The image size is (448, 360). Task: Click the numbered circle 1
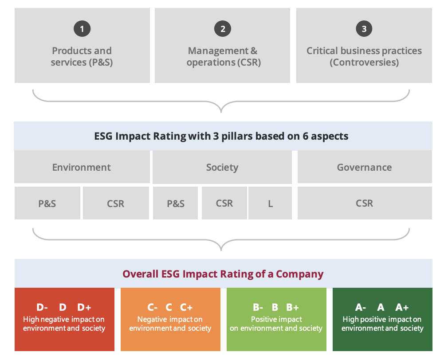pyautogui.click(x=82, y=29)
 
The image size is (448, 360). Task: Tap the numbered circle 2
pyautogui.click(x=223, y=29)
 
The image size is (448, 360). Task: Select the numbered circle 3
pyautogui.click(x=364, y=29)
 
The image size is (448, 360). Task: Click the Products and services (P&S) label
pyautogui.click(x=82, y=57)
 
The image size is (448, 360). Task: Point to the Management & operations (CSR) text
pyautogui.click(x=223, y=57)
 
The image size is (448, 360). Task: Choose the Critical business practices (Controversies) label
pyautogui.click(x=364, y=57)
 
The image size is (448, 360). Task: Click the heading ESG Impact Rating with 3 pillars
pyautogui.click(x=221, y=136)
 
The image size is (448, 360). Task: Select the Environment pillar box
pyautogui.click(x=82, y=167)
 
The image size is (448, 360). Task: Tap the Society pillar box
pyautogui.click(x=222, y=167)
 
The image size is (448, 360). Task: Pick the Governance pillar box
pyautogui.click(x=364, y=167)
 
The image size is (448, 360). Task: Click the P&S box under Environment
pyautogui.click(x=47, y=203)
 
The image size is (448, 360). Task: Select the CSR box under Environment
pyautogui.click(x=116, y=203)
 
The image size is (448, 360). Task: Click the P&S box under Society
pyautogui.click(x=176, y=203)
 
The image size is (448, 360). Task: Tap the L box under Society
pyautogui.click(x=270, y=203)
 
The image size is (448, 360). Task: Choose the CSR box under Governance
pyautogui.click(x=364, y=203)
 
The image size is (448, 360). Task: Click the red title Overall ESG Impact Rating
pyautogui.click(x=223, y=274)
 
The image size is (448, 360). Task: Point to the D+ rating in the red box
pyautogui.click(x=84, y=307)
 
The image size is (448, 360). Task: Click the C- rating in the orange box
pyautogui.click(x=153, y=307)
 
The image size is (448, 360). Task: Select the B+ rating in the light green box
pyautogui.click(x=292, y=307)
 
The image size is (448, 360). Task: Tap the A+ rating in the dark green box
pyautogui.click(x=402, y=307)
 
